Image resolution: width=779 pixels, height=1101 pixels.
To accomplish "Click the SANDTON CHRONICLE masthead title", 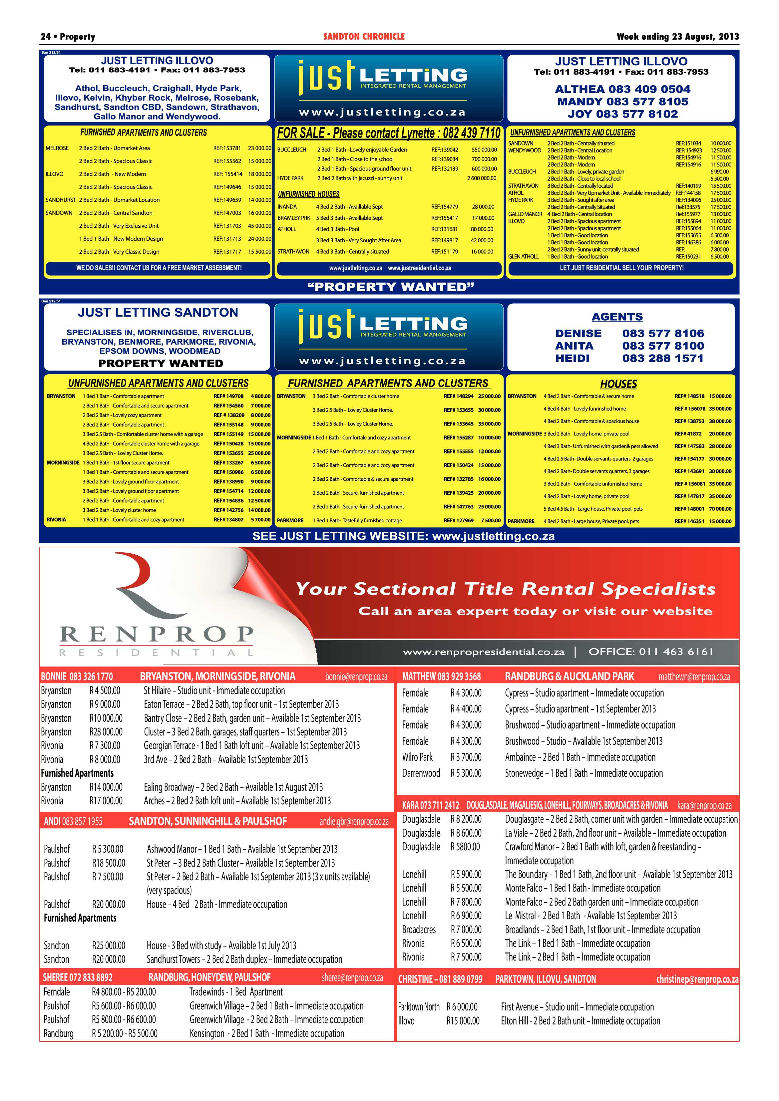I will (364, 36).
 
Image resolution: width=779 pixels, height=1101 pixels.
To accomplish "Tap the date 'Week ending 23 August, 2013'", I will (677, 36).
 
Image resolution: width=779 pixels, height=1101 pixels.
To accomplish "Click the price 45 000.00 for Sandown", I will (259, 226).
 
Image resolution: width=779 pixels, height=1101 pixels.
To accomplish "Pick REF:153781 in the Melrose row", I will (227, 148).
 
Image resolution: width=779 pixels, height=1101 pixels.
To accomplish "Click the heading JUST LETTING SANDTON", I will (158, 313).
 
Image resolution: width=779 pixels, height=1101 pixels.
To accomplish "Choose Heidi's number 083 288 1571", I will (663, 358).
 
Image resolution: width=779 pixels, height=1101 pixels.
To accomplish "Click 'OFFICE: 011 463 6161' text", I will (650, 652).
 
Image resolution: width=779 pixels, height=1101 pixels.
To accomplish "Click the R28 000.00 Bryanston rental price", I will (106, 732).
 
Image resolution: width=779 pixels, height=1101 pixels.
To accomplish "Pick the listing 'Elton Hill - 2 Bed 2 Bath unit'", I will (581, 1021).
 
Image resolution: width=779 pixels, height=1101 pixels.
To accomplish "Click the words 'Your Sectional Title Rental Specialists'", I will (506, 589).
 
